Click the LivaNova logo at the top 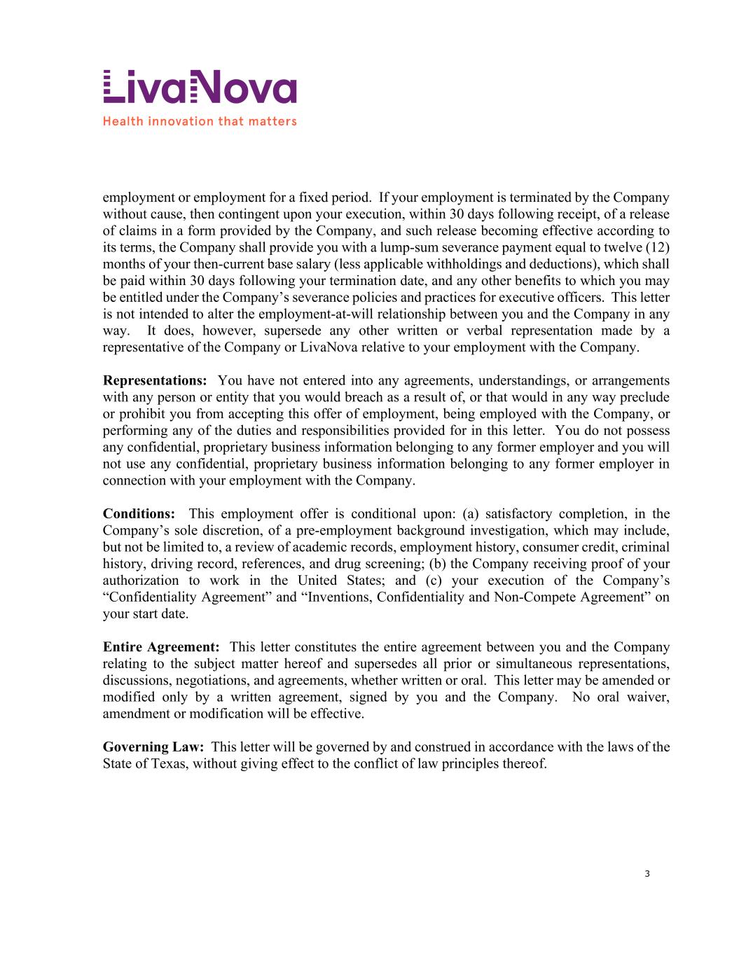(200, 87)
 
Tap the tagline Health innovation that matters (200, 121)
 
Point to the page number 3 (647, 873)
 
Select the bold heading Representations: (155, 381)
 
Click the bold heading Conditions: (139, 514)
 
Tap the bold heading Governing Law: (153, 747)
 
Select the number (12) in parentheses (657, 248)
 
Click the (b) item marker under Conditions (438, 564)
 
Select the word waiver (649, 698)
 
